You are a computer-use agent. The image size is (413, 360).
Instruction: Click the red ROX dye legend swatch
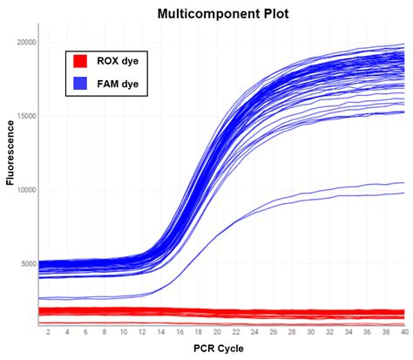tap(80, 61)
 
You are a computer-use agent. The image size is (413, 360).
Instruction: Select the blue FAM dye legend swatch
tap(80, 84)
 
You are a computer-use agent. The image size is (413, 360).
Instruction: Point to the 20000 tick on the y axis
tap(25, 42)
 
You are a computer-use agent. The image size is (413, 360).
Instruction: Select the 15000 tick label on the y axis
tap(25, 116)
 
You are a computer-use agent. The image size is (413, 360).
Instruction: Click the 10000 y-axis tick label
tap(25, 190)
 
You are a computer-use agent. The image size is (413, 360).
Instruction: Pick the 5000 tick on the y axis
tap(27, 264)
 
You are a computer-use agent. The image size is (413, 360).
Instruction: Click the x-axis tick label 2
tap(48, 332)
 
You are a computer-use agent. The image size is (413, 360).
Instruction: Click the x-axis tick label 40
tap(402, 332)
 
